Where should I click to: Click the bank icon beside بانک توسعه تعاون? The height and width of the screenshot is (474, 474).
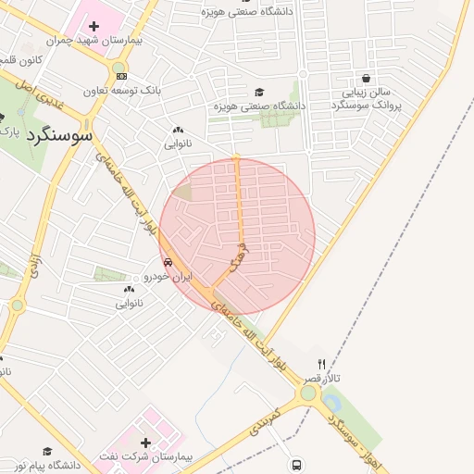click(121, 75)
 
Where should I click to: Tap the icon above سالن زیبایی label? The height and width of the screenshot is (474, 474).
click(368, 79)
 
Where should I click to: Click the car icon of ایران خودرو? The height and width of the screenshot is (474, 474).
click(168, 262)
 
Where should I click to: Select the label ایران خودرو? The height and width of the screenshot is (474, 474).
click(168, 276)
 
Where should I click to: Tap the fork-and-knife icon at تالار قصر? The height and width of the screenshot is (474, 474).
click(322, 364)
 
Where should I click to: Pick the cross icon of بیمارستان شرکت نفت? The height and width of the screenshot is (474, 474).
click(145, 443)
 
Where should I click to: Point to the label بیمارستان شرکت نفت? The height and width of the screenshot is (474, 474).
click(146, 458)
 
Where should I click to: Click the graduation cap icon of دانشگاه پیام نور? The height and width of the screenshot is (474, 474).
click(47, 451)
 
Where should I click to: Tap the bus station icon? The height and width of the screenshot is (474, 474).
click(296, 465)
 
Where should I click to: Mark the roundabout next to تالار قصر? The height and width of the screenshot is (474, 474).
click(307, 393)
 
